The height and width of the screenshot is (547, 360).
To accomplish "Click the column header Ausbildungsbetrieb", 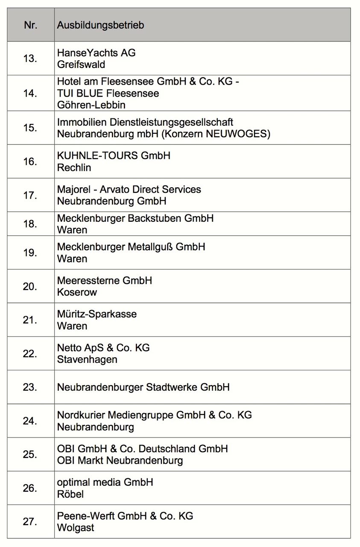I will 100,25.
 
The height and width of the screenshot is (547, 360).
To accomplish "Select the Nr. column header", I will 31,25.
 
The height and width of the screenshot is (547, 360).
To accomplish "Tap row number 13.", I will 30,59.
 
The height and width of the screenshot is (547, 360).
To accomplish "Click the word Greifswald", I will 81,65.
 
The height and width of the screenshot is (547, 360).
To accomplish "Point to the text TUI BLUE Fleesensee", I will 108,93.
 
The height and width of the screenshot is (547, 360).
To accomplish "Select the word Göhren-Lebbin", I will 91,105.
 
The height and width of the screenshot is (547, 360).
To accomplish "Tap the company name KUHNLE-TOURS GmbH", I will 114,156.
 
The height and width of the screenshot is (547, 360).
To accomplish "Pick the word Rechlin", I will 74,168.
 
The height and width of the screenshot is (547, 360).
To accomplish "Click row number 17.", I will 30,195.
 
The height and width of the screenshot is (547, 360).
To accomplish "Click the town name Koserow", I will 77,292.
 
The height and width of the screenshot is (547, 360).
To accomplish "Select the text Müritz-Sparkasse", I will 97,314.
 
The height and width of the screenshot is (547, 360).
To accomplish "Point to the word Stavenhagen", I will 87,359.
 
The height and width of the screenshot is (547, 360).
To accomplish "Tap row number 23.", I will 30,387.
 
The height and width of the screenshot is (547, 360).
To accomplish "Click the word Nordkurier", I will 81,415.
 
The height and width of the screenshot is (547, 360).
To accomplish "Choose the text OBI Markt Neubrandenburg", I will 120,461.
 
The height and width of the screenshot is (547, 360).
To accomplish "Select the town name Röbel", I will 70,494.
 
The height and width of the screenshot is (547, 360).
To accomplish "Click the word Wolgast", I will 76,528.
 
